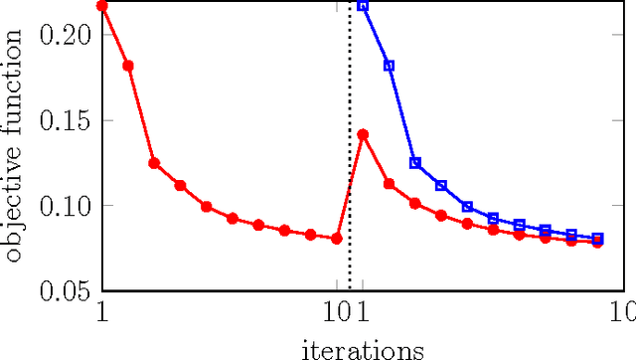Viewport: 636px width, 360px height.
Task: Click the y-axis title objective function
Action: click(x=14, y=145)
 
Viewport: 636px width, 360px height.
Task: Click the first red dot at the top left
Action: click(x=101, y=5)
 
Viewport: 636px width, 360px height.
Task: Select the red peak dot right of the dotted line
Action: click(x=363, y=134)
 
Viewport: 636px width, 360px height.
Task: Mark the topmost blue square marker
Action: click(x=363, y=5)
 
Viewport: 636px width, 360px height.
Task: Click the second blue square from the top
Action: click(x=389, y=66)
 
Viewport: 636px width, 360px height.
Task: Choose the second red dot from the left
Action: click(x=127, y=66)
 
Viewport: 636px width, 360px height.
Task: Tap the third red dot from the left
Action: click(x=154, y=163)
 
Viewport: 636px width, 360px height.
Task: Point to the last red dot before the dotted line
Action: click(x=337, y=239)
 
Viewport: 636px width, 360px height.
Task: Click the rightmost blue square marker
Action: click(x=597, y=239)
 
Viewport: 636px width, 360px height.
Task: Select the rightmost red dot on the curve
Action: click(x=597, y=243)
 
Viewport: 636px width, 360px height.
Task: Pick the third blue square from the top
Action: click(x=415, y=162)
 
